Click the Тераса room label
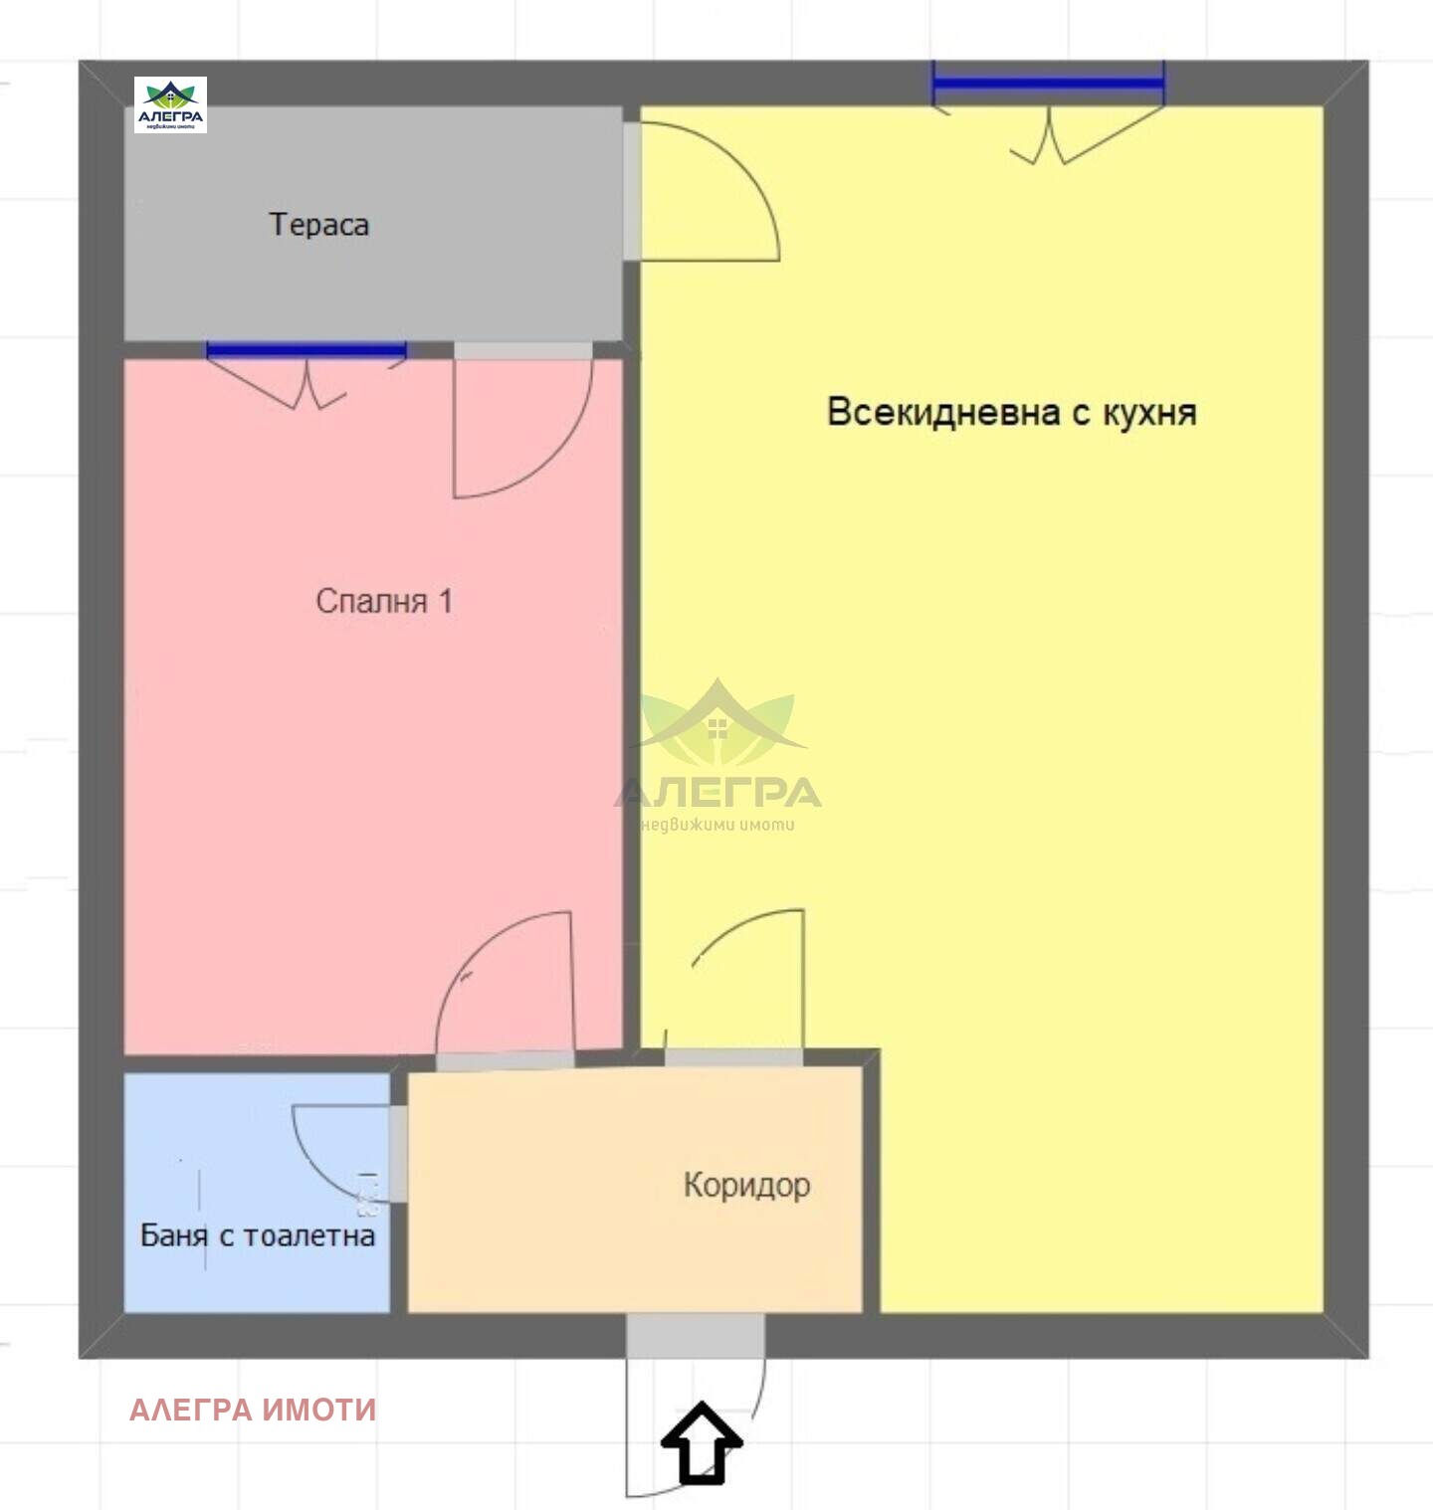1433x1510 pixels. point(318,225)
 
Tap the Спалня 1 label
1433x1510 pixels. point(384,601)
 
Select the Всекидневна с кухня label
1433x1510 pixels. point(1011,412)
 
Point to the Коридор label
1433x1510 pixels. point(746,1185)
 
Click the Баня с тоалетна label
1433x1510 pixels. point(258,1235)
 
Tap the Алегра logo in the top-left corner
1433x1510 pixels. point(170,104)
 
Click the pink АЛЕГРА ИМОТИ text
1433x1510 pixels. point(253,1410)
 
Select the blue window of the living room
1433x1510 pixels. point(1048,83)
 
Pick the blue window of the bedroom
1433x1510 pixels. point(306,349)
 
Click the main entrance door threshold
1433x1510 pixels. point(696,1335)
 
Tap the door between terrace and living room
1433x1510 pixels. point(632,191)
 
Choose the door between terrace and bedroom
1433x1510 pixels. point(523,350)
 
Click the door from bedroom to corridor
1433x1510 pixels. point(506,1060)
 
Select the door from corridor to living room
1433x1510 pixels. point(733,1056)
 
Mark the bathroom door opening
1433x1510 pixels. point(398,1154)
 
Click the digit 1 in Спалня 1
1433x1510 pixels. point(445,601)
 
